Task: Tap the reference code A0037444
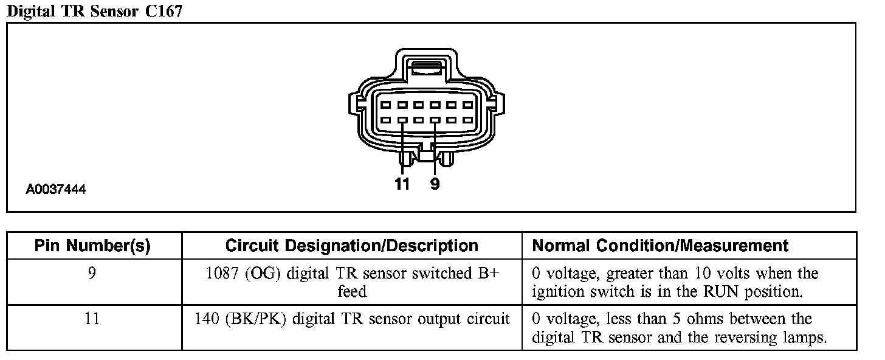(55, 190)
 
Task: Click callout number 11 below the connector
(402, 184)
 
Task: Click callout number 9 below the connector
(435, 184)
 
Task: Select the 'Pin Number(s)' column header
(92, 246)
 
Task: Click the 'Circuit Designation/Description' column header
(351, 246)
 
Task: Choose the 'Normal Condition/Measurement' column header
(660, 246)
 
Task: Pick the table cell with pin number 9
(92, 274)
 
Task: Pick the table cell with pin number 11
(92, 319)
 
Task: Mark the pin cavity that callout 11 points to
(402, 120)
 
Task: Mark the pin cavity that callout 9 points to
(435, 120)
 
